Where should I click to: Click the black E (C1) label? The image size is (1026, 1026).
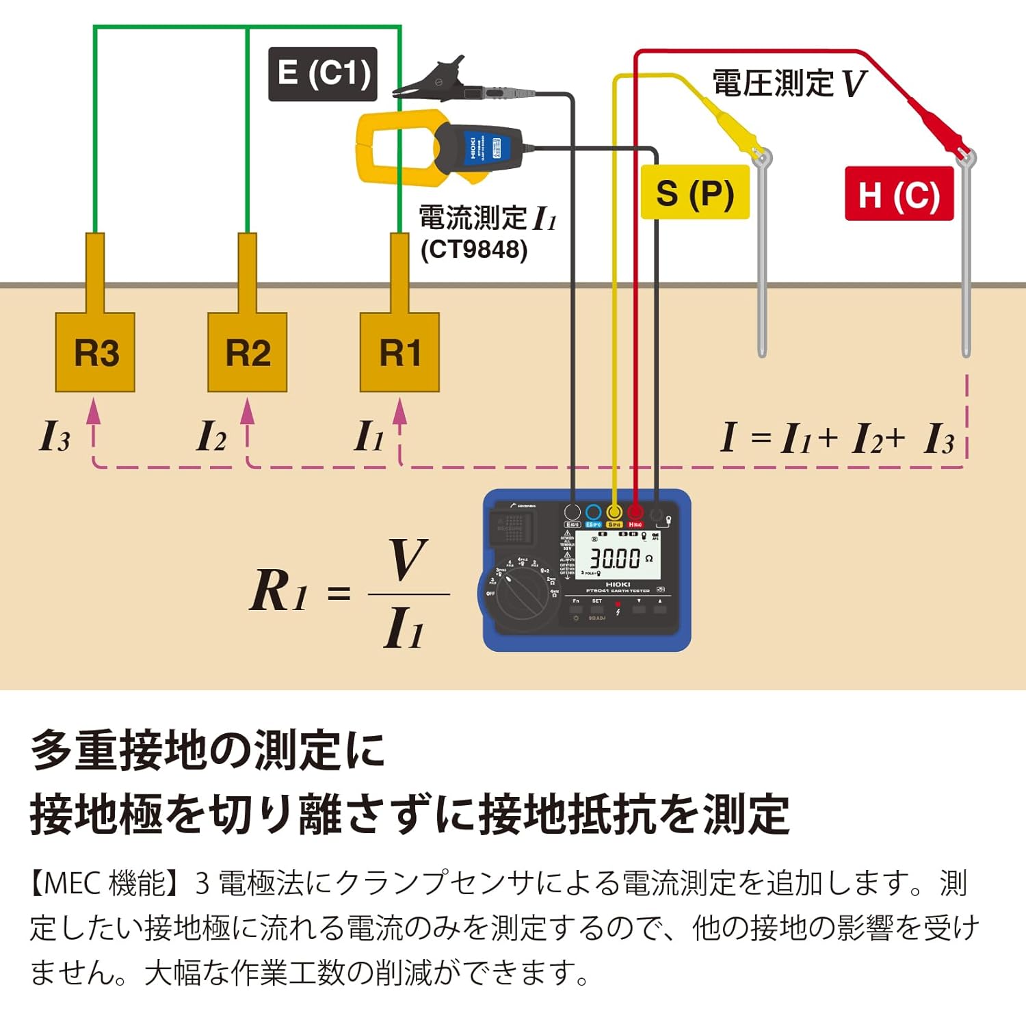[322, 74]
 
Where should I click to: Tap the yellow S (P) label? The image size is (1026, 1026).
[694, 193]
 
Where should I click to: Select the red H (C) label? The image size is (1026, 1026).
[899, 194]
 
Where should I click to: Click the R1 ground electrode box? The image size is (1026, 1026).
[399, 352]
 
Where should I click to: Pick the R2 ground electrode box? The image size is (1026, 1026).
[247, 352]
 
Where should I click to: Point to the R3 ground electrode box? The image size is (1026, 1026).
[95, 352]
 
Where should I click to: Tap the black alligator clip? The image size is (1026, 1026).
[438, 79]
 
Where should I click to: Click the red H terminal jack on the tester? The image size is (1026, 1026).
[635, 512]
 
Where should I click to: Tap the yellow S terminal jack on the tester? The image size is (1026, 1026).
[614, 512]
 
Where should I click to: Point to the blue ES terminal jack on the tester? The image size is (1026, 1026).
[593, 512]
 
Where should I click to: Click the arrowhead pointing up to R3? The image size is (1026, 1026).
[94, 410]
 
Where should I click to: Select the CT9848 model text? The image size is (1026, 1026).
[474, 250]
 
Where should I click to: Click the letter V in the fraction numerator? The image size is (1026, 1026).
[408, 560]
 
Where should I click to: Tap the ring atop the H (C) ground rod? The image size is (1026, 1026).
[966, 159]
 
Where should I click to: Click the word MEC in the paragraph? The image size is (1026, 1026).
[72, 883]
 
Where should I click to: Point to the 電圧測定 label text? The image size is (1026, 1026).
[773, 83]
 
